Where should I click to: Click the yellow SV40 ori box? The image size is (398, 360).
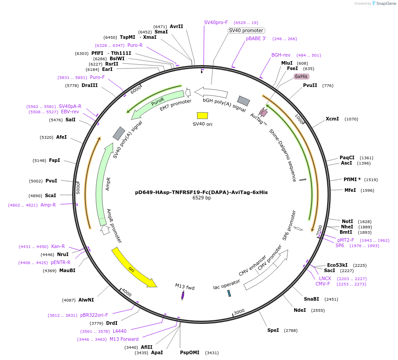click(202, 116)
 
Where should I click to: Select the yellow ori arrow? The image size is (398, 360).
click(133, 267)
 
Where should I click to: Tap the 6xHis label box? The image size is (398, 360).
click(301, 76)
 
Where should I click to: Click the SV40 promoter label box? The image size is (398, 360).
click(246, 30)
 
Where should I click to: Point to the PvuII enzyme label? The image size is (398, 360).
click(310, 85)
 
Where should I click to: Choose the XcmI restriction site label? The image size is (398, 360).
click(332, 119)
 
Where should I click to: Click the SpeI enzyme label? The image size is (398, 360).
click(273, 330)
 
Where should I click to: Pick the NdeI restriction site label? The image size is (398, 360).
click(300, 310)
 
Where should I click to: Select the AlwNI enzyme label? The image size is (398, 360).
click(86, 300)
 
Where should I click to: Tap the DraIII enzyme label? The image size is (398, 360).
click(90, 85)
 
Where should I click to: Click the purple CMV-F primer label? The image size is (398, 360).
click(323, 284)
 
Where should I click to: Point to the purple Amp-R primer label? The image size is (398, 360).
click(48, 205)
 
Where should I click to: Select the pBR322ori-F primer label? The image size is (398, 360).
click(94, 315)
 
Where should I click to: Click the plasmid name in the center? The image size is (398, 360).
click(201, 192)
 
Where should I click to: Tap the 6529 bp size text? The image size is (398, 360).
click(201, 198)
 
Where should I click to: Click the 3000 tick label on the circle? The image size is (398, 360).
click(239, 311)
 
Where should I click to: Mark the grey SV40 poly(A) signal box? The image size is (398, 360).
click(119, 133)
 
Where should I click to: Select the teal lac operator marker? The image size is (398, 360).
click(229, 293)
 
